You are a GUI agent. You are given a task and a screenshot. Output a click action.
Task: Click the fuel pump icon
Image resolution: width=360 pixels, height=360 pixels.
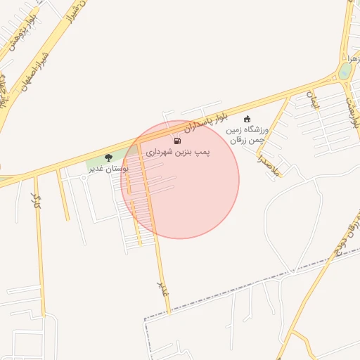point(176,141)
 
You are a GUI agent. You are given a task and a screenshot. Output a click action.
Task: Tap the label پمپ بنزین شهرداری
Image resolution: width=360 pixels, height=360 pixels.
point(178,152)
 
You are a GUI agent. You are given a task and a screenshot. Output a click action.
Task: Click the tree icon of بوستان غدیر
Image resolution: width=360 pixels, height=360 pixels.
point(108,157)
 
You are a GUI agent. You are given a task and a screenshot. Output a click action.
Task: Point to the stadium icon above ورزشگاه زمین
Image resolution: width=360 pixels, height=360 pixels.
point(247,119)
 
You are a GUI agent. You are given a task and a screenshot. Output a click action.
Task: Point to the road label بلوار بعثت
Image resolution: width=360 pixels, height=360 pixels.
point(352,112)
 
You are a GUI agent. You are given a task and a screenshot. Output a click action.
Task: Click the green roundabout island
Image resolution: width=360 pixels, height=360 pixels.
point(345,72)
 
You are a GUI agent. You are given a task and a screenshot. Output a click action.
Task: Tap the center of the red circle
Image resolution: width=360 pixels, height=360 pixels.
point(180,179)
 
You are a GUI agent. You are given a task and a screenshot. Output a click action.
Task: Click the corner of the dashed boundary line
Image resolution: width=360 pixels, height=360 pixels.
point(145,320)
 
